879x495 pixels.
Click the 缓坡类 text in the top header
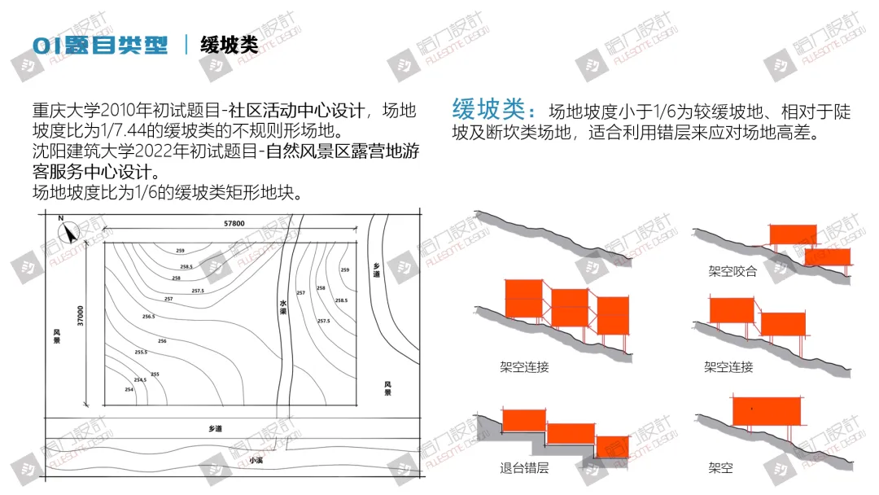[x=230, y=44]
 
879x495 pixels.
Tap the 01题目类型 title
[x=100, y=44]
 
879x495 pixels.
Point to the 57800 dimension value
[x=234, y=223]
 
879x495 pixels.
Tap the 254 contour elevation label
[x=129, y=390]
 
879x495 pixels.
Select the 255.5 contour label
[x=141, y=353]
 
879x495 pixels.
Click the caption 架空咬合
[x=732, y=271]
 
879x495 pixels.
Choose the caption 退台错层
[x=524, y=468]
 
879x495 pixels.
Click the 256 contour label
[x=162, y=341]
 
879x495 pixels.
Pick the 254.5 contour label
[x=140, y=379]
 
